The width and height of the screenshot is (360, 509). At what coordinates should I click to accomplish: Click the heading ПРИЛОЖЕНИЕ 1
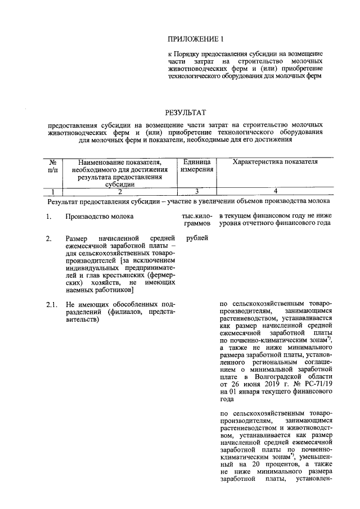point(196,39)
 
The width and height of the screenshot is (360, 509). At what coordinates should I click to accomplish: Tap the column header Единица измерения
point(196,166)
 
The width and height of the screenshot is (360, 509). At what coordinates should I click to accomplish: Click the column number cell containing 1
point(54,191)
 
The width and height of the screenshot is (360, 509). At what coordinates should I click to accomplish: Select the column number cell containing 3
point(196,191)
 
